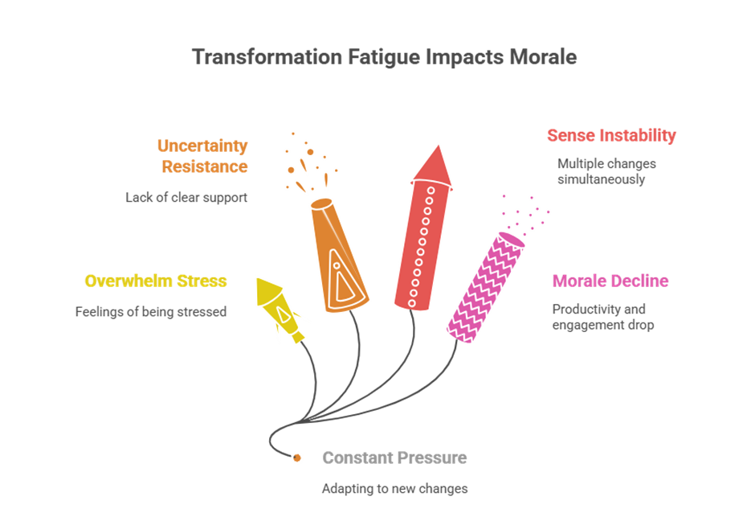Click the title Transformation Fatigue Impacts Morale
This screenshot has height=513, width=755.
384,58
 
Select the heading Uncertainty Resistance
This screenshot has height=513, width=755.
202,156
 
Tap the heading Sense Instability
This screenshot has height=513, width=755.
611,135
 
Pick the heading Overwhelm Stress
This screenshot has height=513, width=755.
156,281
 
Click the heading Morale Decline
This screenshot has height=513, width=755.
610,281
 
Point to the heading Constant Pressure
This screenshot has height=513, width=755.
394,458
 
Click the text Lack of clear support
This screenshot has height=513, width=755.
186,197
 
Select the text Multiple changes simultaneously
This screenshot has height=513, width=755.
606,171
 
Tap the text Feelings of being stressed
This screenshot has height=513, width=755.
151,311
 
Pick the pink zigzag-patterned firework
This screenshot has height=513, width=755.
485,285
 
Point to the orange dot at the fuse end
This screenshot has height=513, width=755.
297,458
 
